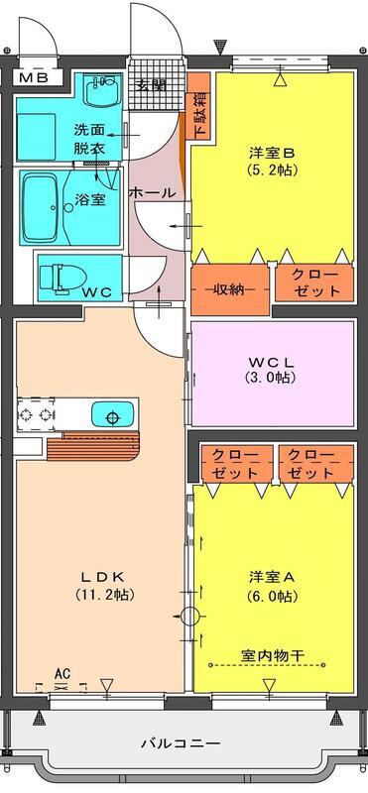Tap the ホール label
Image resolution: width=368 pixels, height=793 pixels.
[153, 192]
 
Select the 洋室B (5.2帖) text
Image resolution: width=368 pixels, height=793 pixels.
[273, 161]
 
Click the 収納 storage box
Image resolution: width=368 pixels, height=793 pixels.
[230, 289]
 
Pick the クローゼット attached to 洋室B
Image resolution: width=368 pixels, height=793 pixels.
[314, 283]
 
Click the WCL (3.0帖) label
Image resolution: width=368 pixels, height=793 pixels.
[272, 370]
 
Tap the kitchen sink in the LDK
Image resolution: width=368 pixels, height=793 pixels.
[113, 414]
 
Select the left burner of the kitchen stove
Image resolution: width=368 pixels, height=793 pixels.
[25, 414]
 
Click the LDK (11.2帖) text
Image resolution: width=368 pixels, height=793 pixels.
[105, 585]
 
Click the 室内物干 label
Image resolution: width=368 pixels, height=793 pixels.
[273, 656]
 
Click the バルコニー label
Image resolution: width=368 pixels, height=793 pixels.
[181, 743]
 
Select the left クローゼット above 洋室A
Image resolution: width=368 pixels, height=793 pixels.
[236, 464]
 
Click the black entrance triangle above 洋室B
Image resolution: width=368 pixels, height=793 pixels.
[219, 47]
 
